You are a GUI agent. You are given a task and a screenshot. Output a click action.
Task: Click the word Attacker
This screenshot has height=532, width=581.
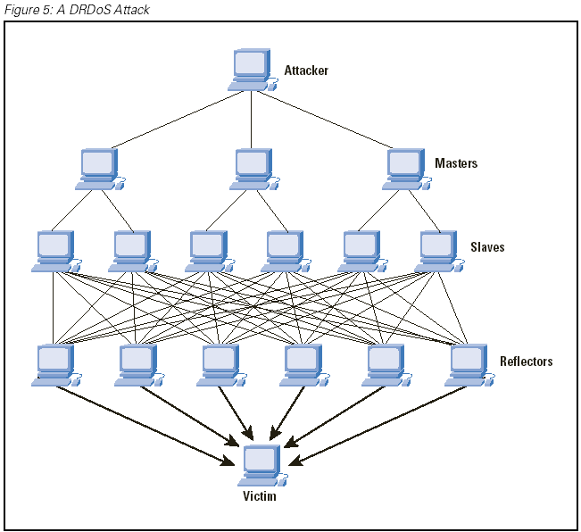306,70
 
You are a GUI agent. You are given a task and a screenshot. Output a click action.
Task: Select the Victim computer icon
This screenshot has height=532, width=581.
261,465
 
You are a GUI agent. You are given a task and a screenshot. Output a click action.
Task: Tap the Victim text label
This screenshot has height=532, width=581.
260,496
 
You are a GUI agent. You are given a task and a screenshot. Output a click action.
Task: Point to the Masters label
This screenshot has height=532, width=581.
456,163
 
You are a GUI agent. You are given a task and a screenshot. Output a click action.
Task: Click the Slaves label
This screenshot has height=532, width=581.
487,246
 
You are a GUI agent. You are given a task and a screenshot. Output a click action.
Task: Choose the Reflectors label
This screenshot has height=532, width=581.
526,362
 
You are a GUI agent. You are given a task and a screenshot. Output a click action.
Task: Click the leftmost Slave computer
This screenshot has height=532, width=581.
55,251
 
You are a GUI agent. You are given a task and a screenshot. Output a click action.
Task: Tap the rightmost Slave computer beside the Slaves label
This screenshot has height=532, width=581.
437,251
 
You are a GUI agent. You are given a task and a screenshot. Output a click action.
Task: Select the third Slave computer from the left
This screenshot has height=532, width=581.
208,251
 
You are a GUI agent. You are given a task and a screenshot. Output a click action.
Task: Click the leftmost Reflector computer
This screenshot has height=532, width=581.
55,364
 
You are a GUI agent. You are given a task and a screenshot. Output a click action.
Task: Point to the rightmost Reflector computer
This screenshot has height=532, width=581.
468,364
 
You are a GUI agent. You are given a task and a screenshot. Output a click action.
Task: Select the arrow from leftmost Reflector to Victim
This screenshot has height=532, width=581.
143,423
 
